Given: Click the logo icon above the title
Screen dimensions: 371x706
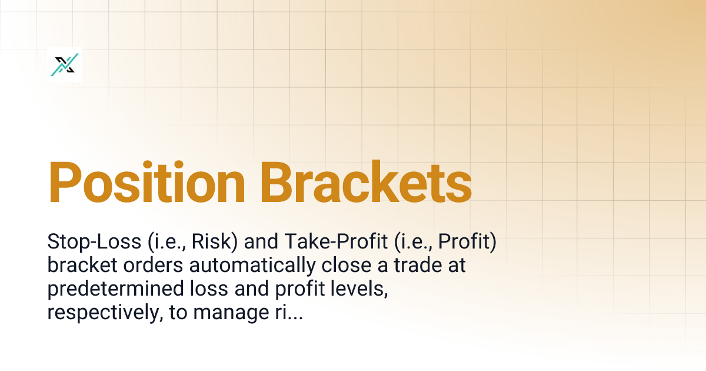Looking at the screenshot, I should coord(65,65).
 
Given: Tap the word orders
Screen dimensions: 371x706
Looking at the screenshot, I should coord(156,266).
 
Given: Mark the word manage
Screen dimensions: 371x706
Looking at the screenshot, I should coord(225,313).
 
